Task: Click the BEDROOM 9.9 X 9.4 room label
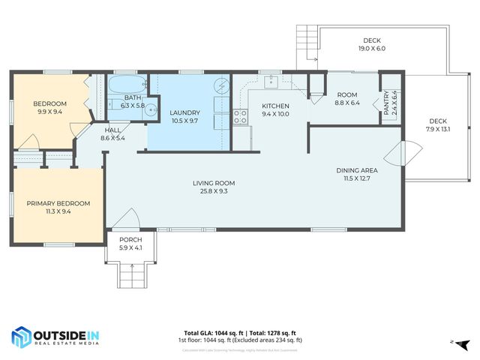(x=51, y=107)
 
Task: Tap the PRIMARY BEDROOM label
(x=58, y=207)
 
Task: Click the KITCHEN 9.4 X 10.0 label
(x=275, y=110)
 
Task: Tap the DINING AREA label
(x=356, y=175)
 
